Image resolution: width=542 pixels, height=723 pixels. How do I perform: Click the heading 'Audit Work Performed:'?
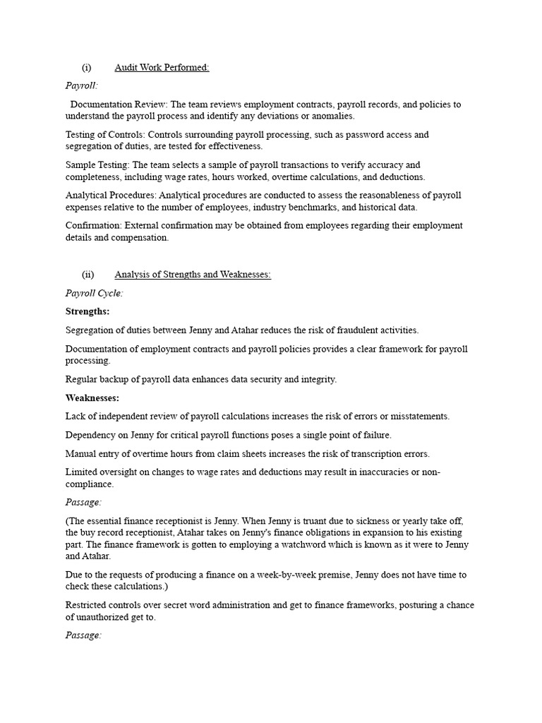coord(162,68)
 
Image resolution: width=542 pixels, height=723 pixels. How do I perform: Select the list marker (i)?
coord(87,68)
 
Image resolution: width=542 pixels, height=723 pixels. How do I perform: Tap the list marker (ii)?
coord(88,275)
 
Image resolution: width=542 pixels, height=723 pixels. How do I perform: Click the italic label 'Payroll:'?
coord(81,85)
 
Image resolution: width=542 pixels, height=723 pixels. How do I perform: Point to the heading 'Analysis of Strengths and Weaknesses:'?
coord(193,275)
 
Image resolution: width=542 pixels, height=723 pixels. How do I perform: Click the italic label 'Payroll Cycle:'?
coord(94,293)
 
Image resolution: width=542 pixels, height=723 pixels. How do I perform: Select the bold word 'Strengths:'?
coord(88,311)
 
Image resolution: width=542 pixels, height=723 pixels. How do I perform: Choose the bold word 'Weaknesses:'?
coord(92,398)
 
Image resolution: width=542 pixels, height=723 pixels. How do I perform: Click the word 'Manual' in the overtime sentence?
coord(81,453)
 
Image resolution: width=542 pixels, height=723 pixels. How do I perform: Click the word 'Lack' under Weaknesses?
coord(76,417)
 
